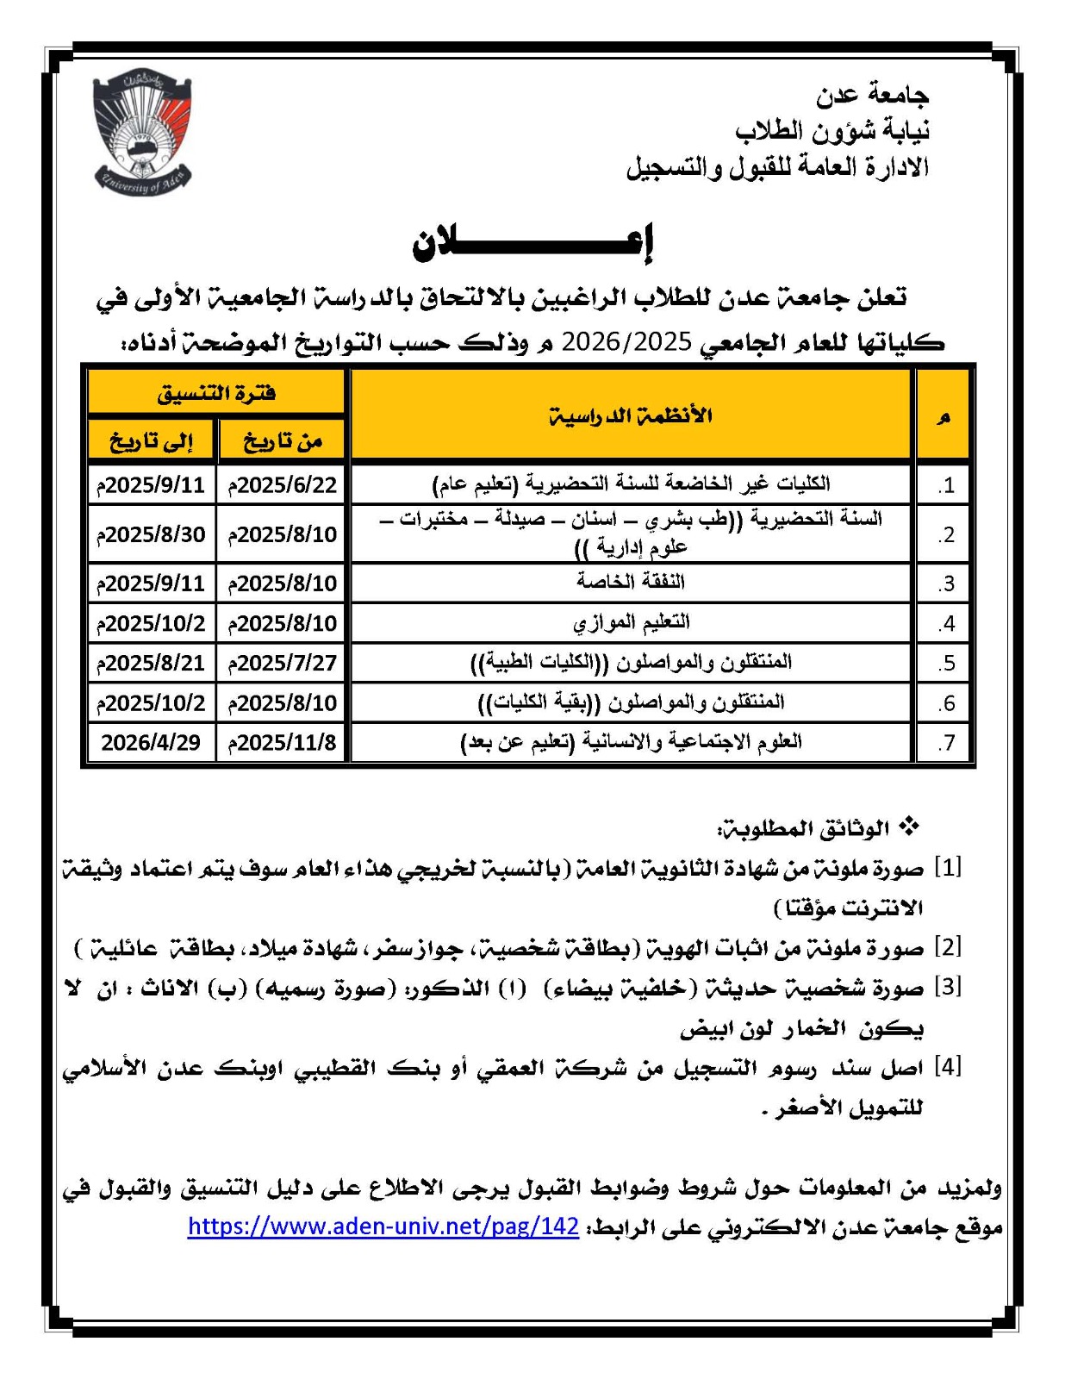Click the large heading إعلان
click(x=533, y=244)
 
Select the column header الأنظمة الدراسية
click(x=631, y=416)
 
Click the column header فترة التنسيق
click(x=216, y=394)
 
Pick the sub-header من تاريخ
click(x=282, y=441)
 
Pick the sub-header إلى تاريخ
click(x=151, y=441)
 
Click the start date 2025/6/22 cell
click(x=282, y=484)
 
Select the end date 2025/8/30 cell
click(x=151, y=534)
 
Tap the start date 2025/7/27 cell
click(x=282, y=663)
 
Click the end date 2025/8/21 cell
click(x=151, y=663)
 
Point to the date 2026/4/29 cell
click(x=151, y=742)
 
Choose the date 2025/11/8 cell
click(x=282, y=742)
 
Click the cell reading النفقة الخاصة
click(x=631, y=582)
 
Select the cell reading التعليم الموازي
click(x=631, y=621)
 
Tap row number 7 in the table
click(x=946, y=743)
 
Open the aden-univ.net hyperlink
click(x=383, y=1226)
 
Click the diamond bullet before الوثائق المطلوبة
click(x=909, y=827)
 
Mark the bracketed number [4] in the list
click(x=948, y=1067)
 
